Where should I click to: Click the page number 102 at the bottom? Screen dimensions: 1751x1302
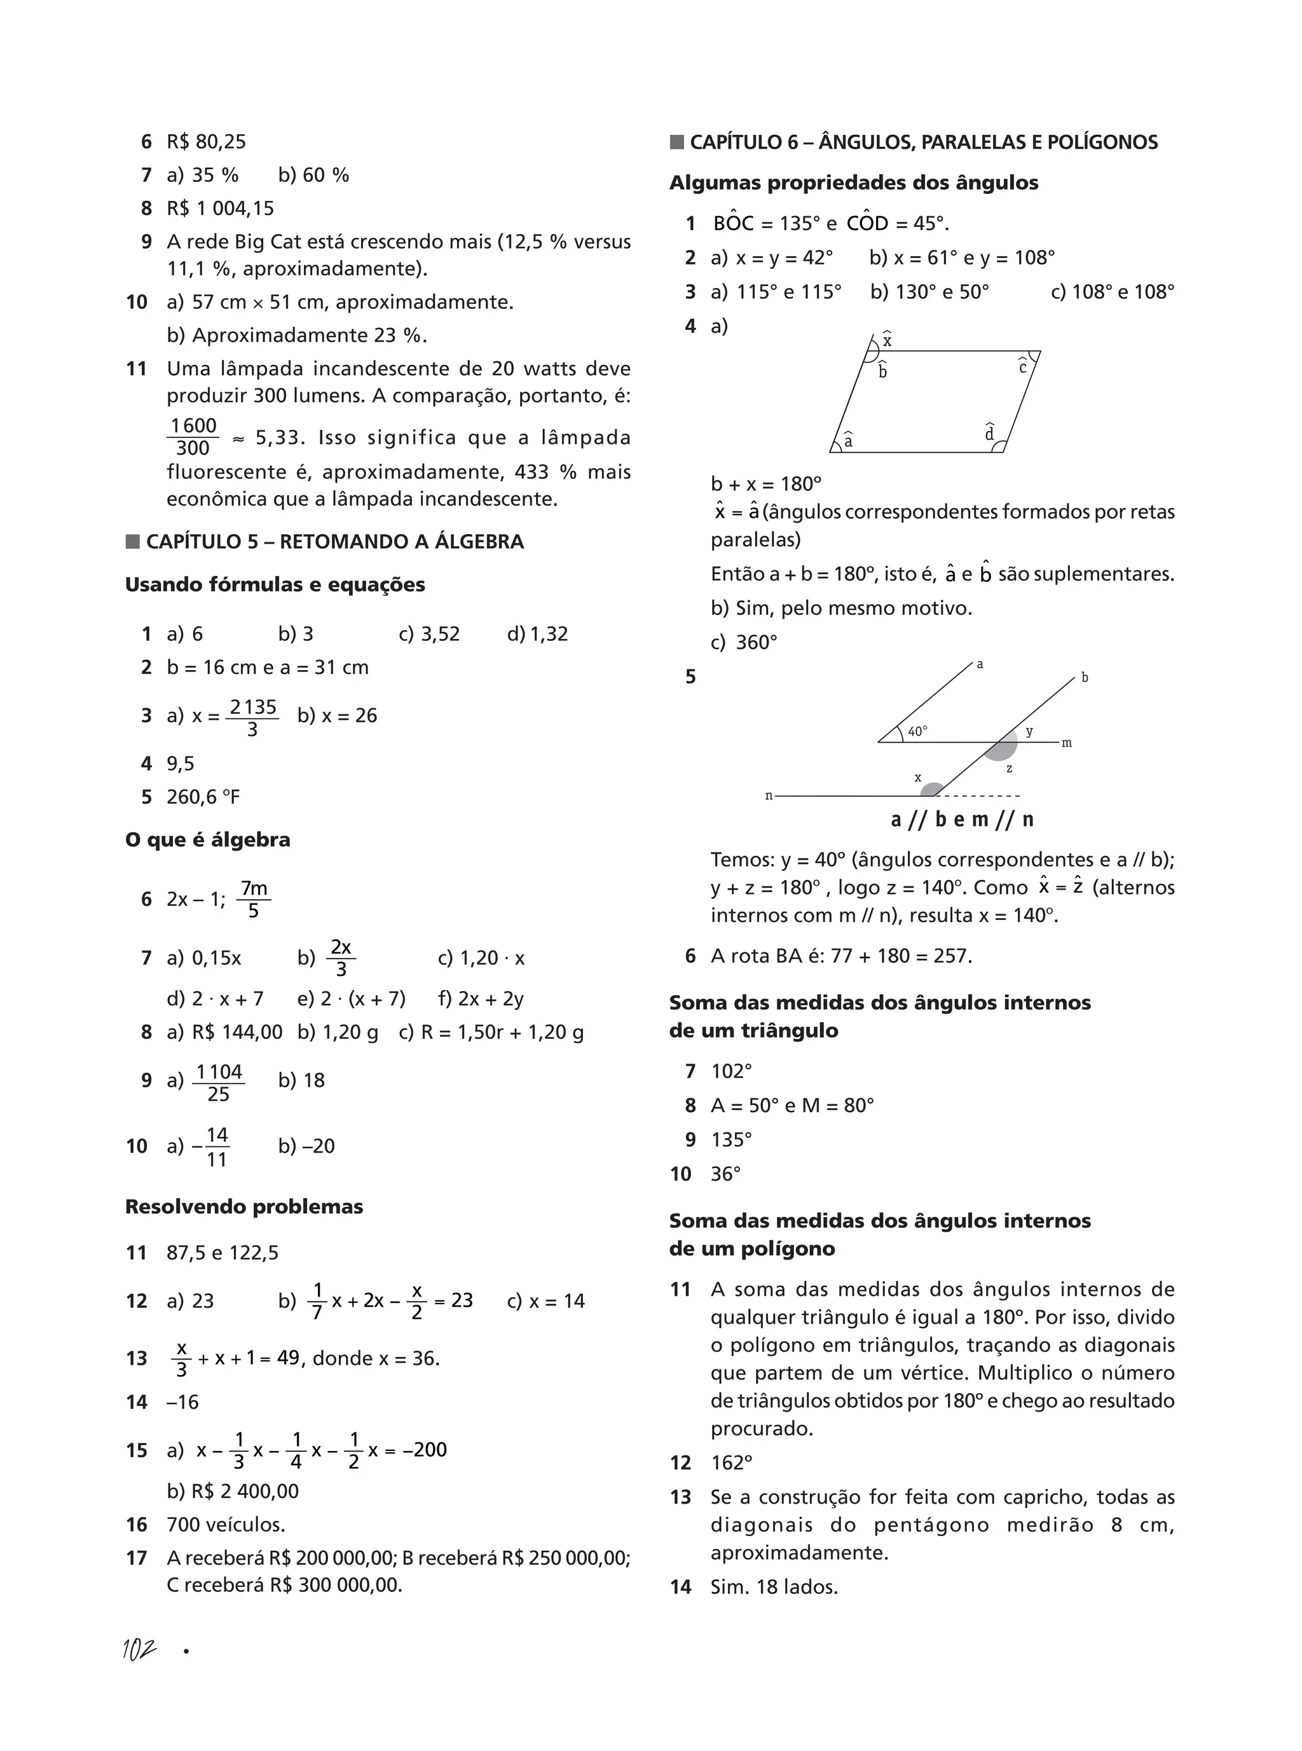pyautogui.click(x=139, y=1649)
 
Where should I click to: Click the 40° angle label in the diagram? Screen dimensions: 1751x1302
pyautogui.click(x=917, y=731)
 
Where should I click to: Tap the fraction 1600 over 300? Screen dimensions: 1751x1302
pyautogui.click(x=193, y=437)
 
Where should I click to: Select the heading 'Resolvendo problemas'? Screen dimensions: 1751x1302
pyautogui.click(x=243, y=1207)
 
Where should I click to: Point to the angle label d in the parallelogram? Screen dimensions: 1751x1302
pyautogui.click(x=989, y=434)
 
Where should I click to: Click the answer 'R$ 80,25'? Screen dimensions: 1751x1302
pyautogui.click(x=207, y=142)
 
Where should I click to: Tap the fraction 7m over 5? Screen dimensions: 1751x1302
pyautogui.click(x=253, y=899)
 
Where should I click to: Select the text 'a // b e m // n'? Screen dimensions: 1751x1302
pyautogui.click(x=961, y=820)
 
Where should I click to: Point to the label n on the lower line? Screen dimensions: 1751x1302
pyautogui.click(x=769, y=796)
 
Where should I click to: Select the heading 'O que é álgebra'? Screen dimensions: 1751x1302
pyautogui.click(x=207, y=839)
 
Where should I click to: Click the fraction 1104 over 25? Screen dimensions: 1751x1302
pyautogui.click(x=218, y=1083)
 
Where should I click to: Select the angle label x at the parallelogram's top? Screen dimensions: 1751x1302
pyautogui.click(x=887, y=340)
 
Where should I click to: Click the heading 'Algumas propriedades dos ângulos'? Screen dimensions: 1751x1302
pyautogui.click(x=854, y=183)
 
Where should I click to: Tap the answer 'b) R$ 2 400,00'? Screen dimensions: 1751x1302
pyautogui.click(x=233, y=1491)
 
